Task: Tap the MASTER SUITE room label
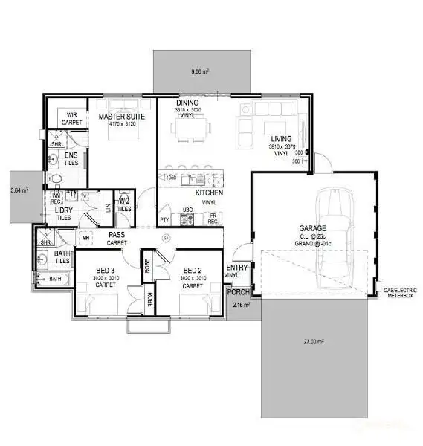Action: click(122, 116)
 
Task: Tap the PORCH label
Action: click(237, 292)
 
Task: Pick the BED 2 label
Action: click(193, 271)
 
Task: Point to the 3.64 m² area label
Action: click(19, 190)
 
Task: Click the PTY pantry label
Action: click(164, 221)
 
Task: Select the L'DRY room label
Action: click(63, 211)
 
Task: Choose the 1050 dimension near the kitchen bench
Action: click(170, 178)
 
